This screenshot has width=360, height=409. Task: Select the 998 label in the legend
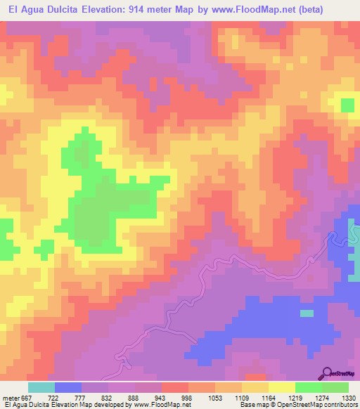[186, 398]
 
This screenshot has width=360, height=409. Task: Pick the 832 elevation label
[107, 398]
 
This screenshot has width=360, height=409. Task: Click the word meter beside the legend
[10, 398]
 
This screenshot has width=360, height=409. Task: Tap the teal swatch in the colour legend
[41, 387]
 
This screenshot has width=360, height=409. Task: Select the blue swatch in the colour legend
[68, 387]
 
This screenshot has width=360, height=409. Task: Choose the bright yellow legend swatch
[281, 387]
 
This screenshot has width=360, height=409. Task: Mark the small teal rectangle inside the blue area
[307, 313]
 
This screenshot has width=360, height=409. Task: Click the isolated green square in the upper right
[347, 105]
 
